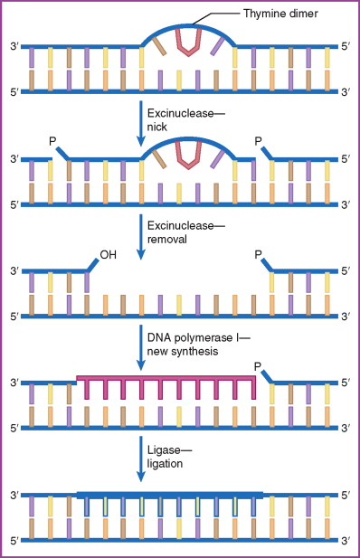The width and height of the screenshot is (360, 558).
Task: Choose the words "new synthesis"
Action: click(185, 350)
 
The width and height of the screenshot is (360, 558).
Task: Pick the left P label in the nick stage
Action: click(53, 141)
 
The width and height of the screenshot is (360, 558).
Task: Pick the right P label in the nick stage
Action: click(260, 141)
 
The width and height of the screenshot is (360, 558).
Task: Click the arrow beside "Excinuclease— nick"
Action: click(140, 121)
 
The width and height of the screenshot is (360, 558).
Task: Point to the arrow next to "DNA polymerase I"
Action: click(140, 345)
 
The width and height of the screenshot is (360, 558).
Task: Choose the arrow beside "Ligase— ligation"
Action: click(140, 458)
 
